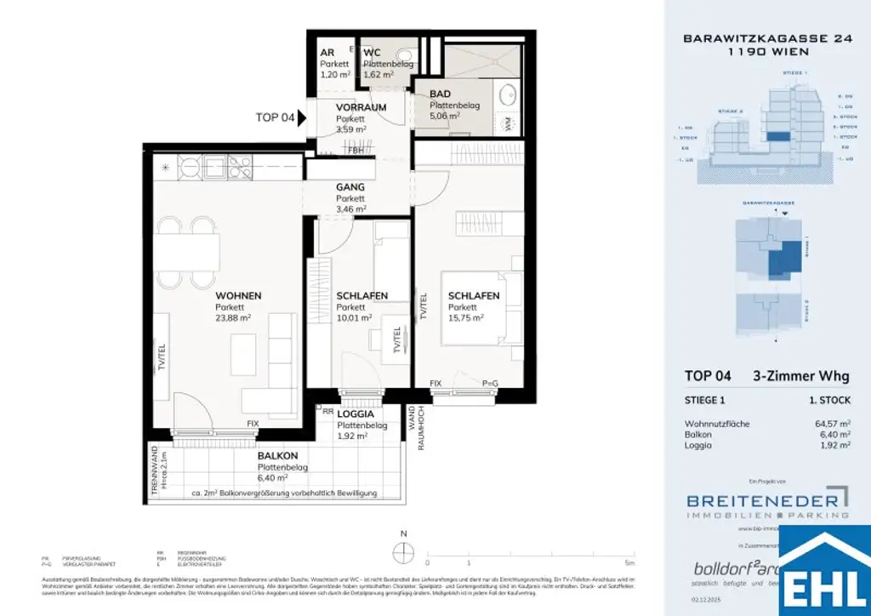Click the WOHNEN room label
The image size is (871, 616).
(237, 295)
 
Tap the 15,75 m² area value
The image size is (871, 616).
(466, 317)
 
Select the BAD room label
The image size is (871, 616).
(440, 94)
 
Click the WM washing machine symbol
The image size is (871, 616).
(508, 124)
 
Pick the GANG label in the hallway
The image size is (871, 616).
(350, 186)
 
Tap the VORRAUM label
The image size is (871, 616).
(361, 107)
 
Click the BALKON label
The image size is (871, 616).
(278, 455)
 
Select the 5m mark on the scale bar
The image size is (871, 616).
(629, 562)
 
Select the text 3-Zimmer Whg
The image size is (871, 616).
(800, 375)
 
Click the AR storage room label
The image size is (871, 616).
(327, 53)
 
